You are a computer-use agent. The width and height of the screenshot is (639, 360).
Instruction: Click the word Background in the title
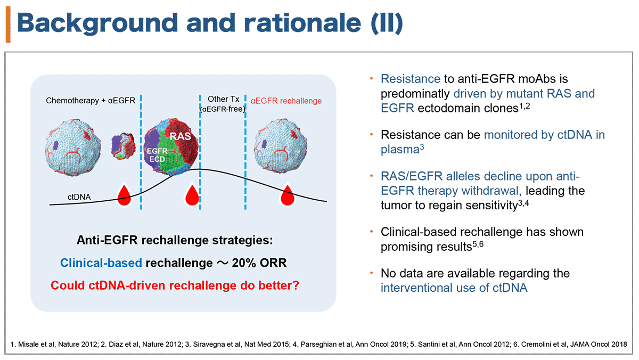tap(97, 23)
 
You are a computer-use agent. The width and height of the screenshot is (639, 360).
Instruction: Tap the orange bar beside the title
tap(8, 24)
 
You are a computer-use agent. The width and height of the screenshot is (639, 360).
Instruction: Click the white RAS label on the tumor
tap(181, 136)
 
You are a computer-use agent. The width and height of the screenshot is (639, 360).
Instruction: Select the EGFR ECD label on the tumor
tap(157, 155)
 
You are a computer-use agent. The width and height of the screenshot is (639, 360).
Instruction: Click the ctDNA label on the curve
tap(79, 197)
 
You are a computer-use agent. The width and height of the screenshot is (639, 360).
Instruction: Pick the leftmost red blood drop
tap(124, 195)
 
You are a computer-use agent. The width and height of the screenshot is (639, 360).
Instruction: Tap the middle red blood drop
tap(192, 195)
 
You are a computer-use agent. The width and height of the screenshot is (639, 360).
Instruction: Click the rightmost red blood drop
tap(287, 195)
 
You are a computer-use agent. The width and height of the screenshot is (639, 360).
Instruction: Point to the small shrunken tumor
tap(123, 146)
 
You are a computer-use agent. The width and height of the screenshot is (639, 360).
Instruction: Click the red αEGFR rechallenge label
tap(286, 101)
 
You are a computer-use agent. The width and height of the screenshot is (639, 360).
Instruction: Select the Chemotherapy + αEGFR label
tap(91, 101)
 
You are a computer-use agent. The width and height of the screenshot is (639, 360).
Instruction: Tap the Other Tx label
tap(223, 99)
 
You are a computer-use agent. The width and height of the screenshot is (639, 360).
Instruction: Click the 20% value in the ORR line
tap(244, 263)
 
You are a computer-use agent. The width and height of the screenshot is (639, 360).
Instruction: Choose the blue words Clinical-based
tap(101, 263)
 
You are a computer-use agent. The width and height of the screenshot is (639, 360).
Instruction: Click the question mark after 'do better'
tap(296, 285)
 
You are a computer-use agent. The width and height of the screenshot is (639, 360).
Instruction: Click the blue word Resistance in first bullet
tap(411, 79)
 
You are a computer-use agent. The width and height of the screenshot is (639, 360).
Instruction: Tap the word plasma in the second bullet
tap(400, 150)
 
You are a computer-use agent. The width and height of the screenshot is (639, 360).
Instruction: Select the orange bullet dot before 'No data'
tap(372, 273)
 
